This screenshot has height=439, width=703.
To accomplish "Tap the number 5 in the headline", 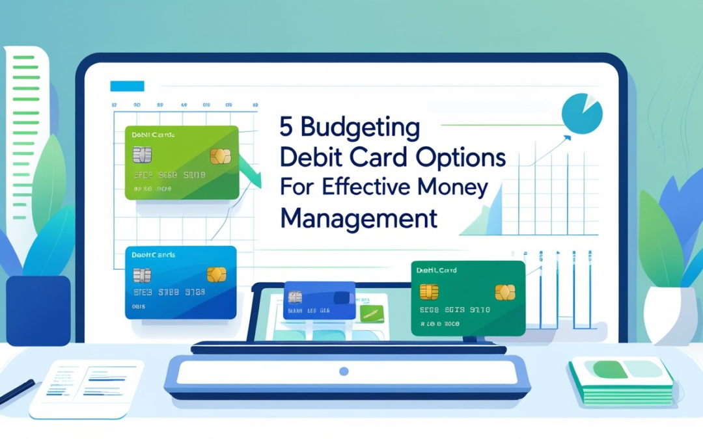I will coord(286,127).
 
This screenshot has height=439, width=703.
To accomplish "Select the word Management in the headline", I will coord(359,218).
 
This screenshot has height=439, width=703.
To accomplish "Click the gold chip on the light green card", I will coord(220,156).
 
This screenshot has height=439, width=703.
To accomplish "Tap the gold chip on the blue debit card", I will coord(216,274).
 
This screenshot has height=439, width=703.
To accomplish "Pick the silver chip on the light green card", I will coord(142,155).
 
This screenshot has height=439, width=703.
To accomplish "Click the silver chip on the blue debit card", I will coord(142,274).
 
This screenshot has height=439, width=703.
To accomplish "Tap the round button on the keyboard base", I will coord(344,371).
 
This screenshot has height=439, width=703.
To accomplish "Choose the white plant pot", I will coord(670,315).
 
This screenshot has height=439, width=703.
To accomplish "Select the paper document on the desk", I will coord(88,388).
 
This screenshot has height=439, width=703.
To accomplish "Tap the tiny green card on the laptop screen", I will coord(372,314).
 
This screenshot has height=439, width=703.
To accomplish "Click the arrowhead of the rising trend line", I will coord(567,137).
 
